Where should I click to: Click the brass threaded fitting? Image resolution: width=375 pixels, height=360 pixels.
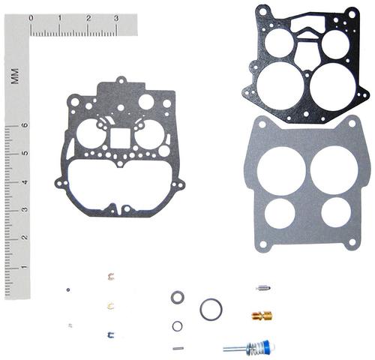(262, 316)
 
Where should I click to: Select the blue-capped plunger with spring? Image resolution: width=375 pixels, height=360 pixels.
(249, 347)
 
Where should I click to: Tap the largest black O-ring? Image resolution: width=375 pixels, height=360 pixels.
(211, 309)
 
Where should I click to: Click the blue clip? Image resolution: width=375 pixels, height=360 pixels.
(110, 334)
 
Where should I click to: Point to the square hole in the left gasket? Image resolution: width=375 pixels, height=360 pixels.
(120, 139)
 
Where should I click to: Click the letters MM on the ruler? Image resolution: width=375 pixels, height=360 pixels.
(14, 76)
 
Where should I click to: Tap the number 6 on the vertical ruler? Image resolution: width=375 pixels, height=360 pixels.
(25, 124)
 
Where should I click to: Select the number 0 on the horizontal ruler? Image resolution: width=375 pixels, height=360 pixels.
(31, 18)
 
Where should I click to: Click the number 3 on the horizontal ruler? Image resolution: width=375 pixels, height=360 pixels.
(116, 18)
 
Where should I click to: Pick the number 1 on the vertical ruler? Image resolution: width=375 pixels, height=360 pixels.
(25, 267)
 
